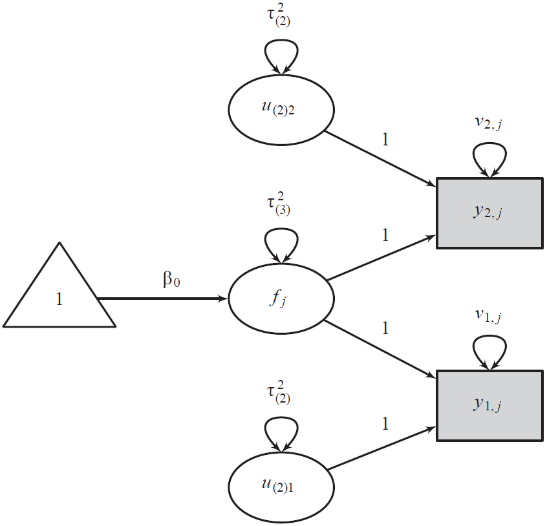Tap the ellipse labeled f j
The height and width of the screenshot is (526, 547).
click(x=281, y=299)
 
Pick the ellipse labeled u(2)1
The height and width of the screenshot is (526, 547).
click(x=281, y=487)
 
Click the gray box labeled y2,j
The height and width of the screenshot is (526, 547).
click(x=489, y=213)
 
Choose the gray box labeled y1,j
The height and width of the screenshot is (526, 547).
click(x=489, y=405)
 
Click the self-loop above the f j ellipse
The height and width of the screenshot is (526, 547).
click(x=281, y=241)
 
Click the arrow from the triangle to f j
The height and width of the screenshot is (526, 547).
click(x=162, y=299)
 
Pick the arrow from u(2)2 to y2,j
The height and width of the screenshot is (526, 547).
click(x=378, y=158)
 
